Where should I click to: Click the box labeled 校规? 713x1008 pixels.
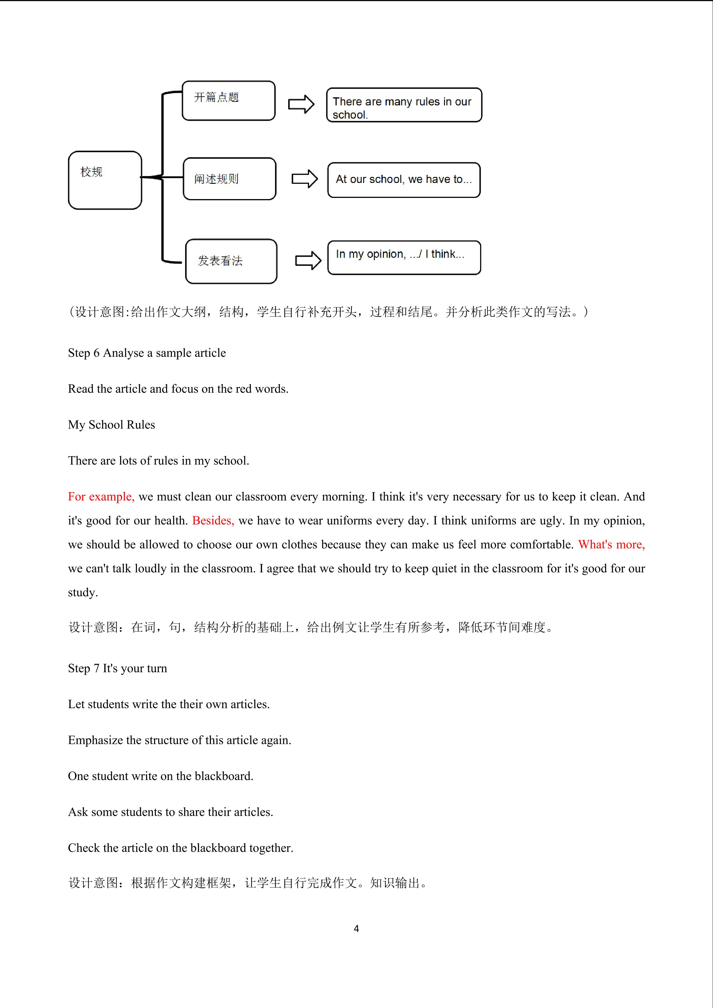[x=105, y=180]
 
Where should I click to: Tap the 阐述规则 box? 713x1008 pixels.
[x=229, y=179]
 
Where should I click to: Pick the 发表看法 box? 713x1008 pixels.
[x=231, y=261]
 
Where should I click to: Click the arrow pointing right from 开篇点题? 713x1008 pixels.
[x=301, y=104]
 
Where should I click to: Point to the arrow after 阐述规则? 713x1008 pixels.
[x=305, y=179]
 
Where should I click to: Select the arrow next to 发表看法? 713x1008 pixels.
[x=308, y=260]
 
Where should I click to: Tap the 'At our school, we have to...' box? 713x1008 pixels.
[x=404, y=180]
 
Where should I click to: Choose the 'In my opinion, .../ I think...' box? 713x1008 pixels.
[x=404, y=258]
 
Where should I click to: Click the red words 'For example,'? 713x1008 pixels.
[x=101, y=497]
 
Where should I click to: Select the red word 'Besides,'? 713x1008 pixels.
[x=213, y=521]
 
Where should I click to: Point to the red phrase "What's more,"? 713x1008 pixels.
[x=611, y=545]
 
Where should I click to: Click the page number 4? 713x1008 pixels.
[x=356, y=929]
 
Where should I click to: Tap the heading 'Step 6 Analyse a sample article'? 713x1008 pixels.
[x=147, y=353]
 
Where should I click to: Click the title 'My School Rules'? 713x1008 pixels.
[x=111, y=425]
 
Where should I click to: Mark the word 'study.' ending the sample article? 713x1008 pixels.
[x=83, y=593]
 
